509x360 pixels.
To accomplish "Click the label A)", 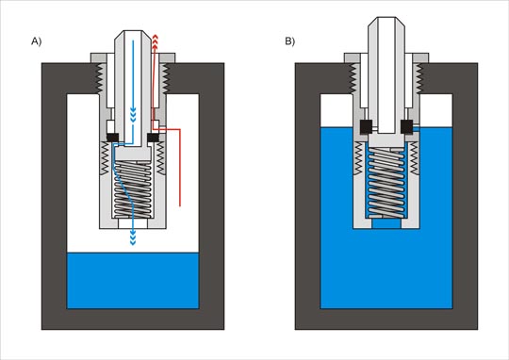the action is tap(37, 41).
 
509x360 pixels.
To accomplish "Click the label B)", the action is tap(290, 41).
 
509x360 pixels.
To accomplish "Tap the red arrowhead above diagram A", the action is tap(156, 41).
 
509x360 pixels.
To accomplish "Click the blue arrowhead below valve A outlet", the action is tap(133, 238).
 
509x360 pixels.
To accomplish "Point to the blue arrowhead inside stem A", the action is tap(133, 115).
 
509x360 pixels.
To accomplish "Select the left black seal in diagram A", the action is tap(113, 138).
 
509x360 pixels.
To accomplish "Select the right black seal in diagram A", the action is tap(154, 138).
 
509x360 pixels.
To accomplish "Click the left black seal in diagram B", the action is tap(366, 127).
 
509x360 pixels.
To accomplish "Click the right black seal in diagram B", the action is tap(407, 127).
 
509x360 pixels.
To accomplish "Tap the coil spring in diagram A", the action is tap(133, 189).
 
